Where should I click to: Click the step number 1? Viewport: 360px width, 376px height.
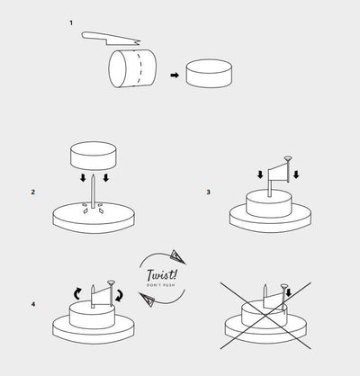pyautogui.click(x=71, y=22)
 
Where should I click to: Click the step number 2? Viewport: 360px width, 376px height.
pyautogui.click(x=33, y=192)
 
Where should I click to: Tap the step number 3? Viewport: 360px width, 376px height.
pyautogui.click(x=208, y=192)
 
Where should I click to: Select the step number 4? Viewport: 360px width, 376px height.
pyautogui.click(x=33, y=304)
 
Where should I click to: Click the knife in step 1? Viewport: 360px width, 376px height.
pyautogui.click(x=111, y=39)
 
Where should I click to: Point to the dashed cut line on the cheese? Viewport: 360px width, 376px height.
pyautogui.click(x=139, y=68)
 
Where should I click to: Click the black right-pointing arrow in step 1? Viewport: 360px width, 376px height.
pyautogui.click(x=175, y=76)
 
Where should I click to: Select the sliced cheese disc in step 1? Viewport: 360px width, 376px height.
pyautogui.click(x=209, y=74)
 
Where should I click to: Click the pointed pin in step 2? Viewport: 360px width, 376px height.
pyautogui.click(x=94, y=191)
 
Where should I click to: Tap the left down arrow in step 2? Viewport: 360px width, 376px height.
pyautogui.click(x=83, y=178)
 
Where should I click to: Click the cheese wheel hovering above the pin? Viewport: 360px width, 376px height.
pyautogui.click(x=94, y=156)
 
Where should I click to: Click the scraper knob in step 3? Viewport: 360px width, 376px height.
pyautogui.click(x=288, y=158)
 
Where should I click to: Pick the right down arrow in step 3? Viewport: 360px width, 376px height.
pyautogui.click(x=296, y=175)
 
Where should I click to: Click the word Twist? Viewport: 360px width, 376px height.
pyautogui.click(x=162, y=275)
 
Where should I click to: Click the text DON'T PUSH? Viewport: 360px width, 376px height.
pyautogui.click(x=161, y=285)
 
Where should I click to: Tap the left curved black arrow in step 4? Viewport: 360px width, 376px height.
pyautogui.click(x=77, y=293)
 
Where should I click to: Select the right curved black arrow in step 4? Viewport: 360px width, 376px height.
pyautogui.click(x=120, y=295)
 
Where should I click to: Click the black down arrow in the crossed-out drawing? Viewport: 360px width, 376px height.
pyautogui.click(x=289, y=292)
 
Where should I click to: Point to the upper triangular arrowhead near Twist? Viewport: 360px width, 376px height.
pyautogui.click(x=177, y=256)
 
